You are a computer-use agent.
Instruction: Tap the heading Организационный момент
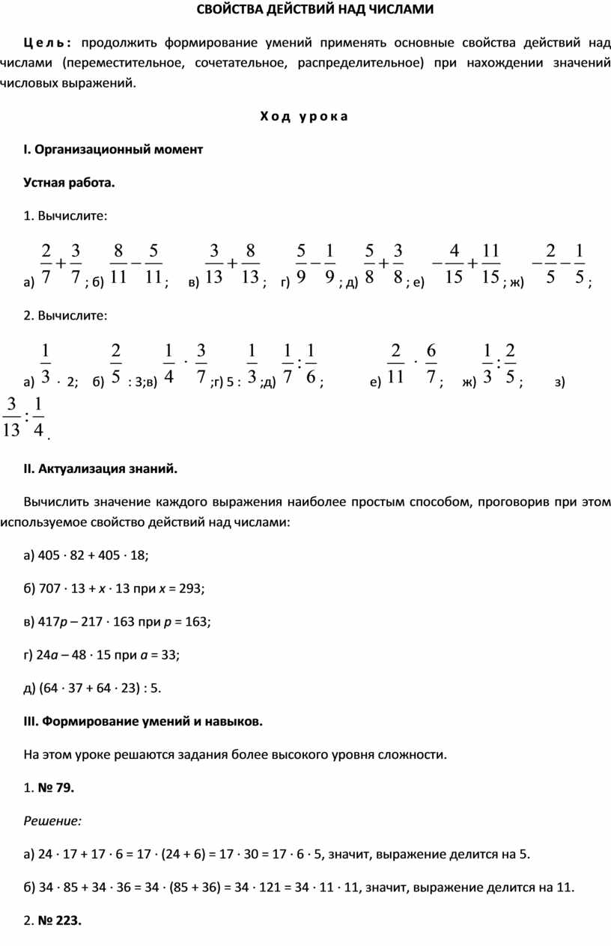113,149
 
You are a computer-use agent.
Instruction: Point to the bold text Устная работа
70,182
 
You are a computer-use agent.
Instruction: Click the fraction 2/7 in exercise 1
46,263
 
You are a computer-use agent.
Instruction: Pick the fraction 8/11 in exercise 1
118,263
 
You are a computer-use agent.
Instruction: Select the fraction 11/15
491,263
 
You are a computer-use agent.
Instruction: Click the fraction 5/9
301,263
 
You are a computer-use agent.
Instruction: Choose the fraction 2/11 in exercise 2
397,364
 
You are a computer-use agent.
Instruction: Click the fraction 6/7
431,364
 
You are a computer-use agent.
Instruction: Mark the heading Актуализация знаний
101,469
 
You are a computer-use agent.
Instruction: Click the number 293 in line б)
190,588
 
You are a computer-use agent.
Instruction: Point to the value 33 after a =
169,655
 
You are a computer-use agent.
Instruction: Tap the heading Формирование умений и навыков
143,721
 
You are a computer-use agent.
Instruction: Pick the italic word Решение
53,821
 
